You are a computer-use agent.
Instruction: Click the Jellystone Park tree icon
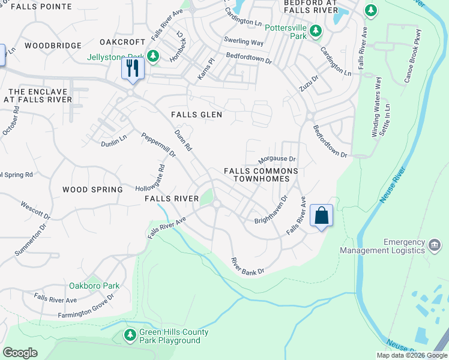tap(153, 56)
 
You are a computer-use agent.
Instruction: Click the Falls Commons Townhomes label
tap(261, 175)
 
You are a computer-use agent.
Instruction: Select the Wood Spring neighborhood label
tap(92, 190)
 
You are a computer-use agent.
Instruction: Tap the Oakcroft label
tap(122, 42)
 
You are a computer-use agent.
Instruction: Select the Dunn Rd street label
tap(182, 140)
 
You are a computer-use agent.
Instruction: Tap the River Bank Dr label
tap(248, 266)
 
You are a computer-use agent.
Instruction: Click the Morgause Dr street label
tap(277, 160)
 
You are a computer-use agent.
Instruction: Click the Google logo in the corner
tap(20, 352)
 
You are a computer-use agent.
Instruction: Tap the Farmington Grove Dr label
tap(86, 307)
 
